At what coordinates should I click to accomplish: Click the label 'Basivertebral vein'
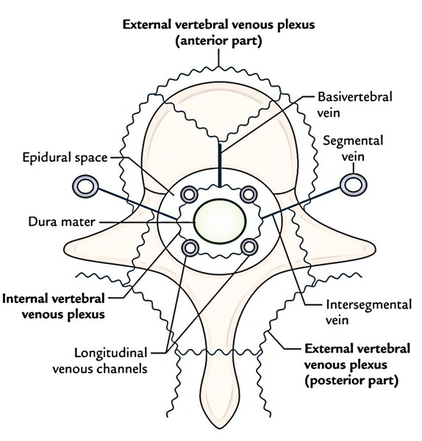point(354,104)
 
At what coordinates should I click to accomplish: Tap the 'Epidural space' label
point(65,157)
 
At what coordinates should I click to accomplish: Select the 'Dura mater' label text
point(62,222)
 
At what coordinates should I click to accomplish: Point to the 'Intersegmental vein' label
point(368,312)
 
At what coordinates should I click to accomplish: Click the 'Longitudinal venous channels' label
point(100,360)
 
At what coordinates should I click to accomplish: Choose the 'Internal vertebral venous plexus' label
point(54,306)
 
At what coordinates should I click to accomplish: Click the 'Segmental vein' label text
point(353,148)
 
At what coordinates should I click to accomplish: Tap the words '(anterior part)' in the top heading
point(218,41)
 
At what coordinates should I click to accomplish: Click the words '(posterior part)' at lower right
point(351,381)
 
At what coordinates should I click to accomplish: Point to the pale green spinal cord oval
point(219,221)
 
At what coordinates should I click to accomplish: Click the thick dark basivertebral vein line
point(220,165)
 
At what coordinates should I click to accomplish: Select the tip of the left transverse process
point(65,248)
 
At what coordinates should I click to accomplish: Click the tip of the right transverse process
point(374,248)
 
